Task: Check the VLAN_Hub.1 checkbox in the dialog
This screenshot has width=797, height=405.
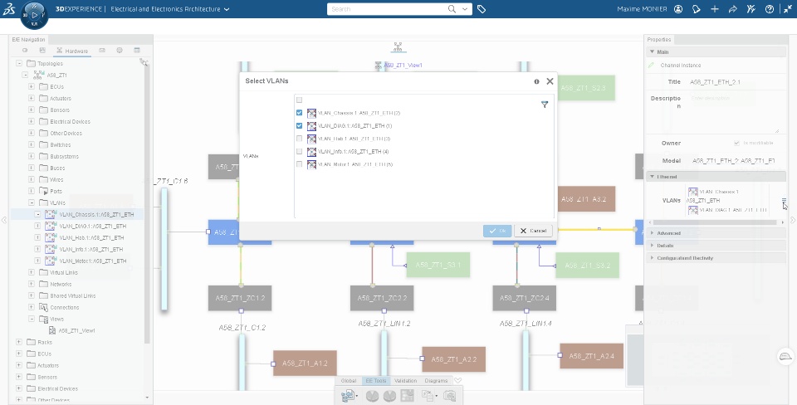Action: pos(299,139)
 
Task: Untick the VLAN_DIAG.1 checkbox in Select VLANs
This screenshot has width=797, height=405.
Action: pos(299,125)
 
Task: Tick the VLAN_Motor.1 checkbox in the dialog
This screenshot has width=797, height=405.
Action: pos(299,164)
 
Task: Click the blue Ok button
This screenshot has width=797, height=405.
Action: pos(497,231)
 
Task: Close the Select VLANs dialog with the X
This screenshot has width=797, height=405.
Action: pos(550,81)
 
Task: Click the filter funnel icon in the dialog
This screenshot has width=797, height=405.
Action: pos(545,105)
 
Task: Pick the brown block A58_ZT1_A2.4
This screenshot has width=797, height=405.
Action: pos(590,356)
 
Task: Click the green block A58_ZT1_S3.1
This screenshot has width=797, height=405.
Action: pos(438,265)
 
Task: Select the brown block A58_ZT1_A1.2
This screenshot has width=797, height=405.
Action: pos(305,363)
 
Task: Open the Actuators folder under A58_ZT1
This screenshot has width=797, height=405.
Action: pos(61,98)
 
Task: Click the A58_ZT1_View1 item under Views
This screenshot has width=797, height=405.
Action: pos(76,330)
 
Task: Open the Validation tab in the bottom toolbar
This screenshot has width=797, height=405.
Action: pos(406,381)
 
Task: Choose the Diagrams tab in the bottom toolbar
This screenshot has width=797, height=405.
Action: pos(436,381)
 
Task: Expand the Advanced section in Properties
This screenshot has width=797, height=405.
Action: pos(668,233)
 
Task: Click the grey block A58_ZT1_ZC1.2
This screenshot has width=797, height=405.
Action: pos(240,298)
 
